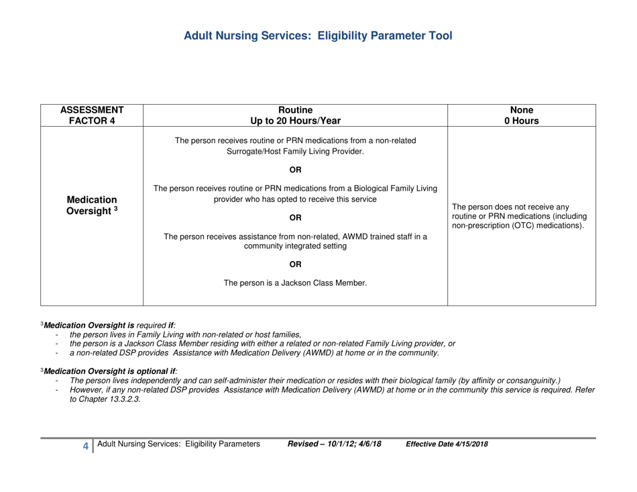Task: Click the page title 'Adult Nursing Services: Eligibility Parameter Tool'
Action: coord(318,36)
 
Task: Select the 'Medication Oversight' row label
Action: coord(92,207)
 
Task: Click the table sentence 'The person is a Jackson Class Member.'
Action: coord(295,283)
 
